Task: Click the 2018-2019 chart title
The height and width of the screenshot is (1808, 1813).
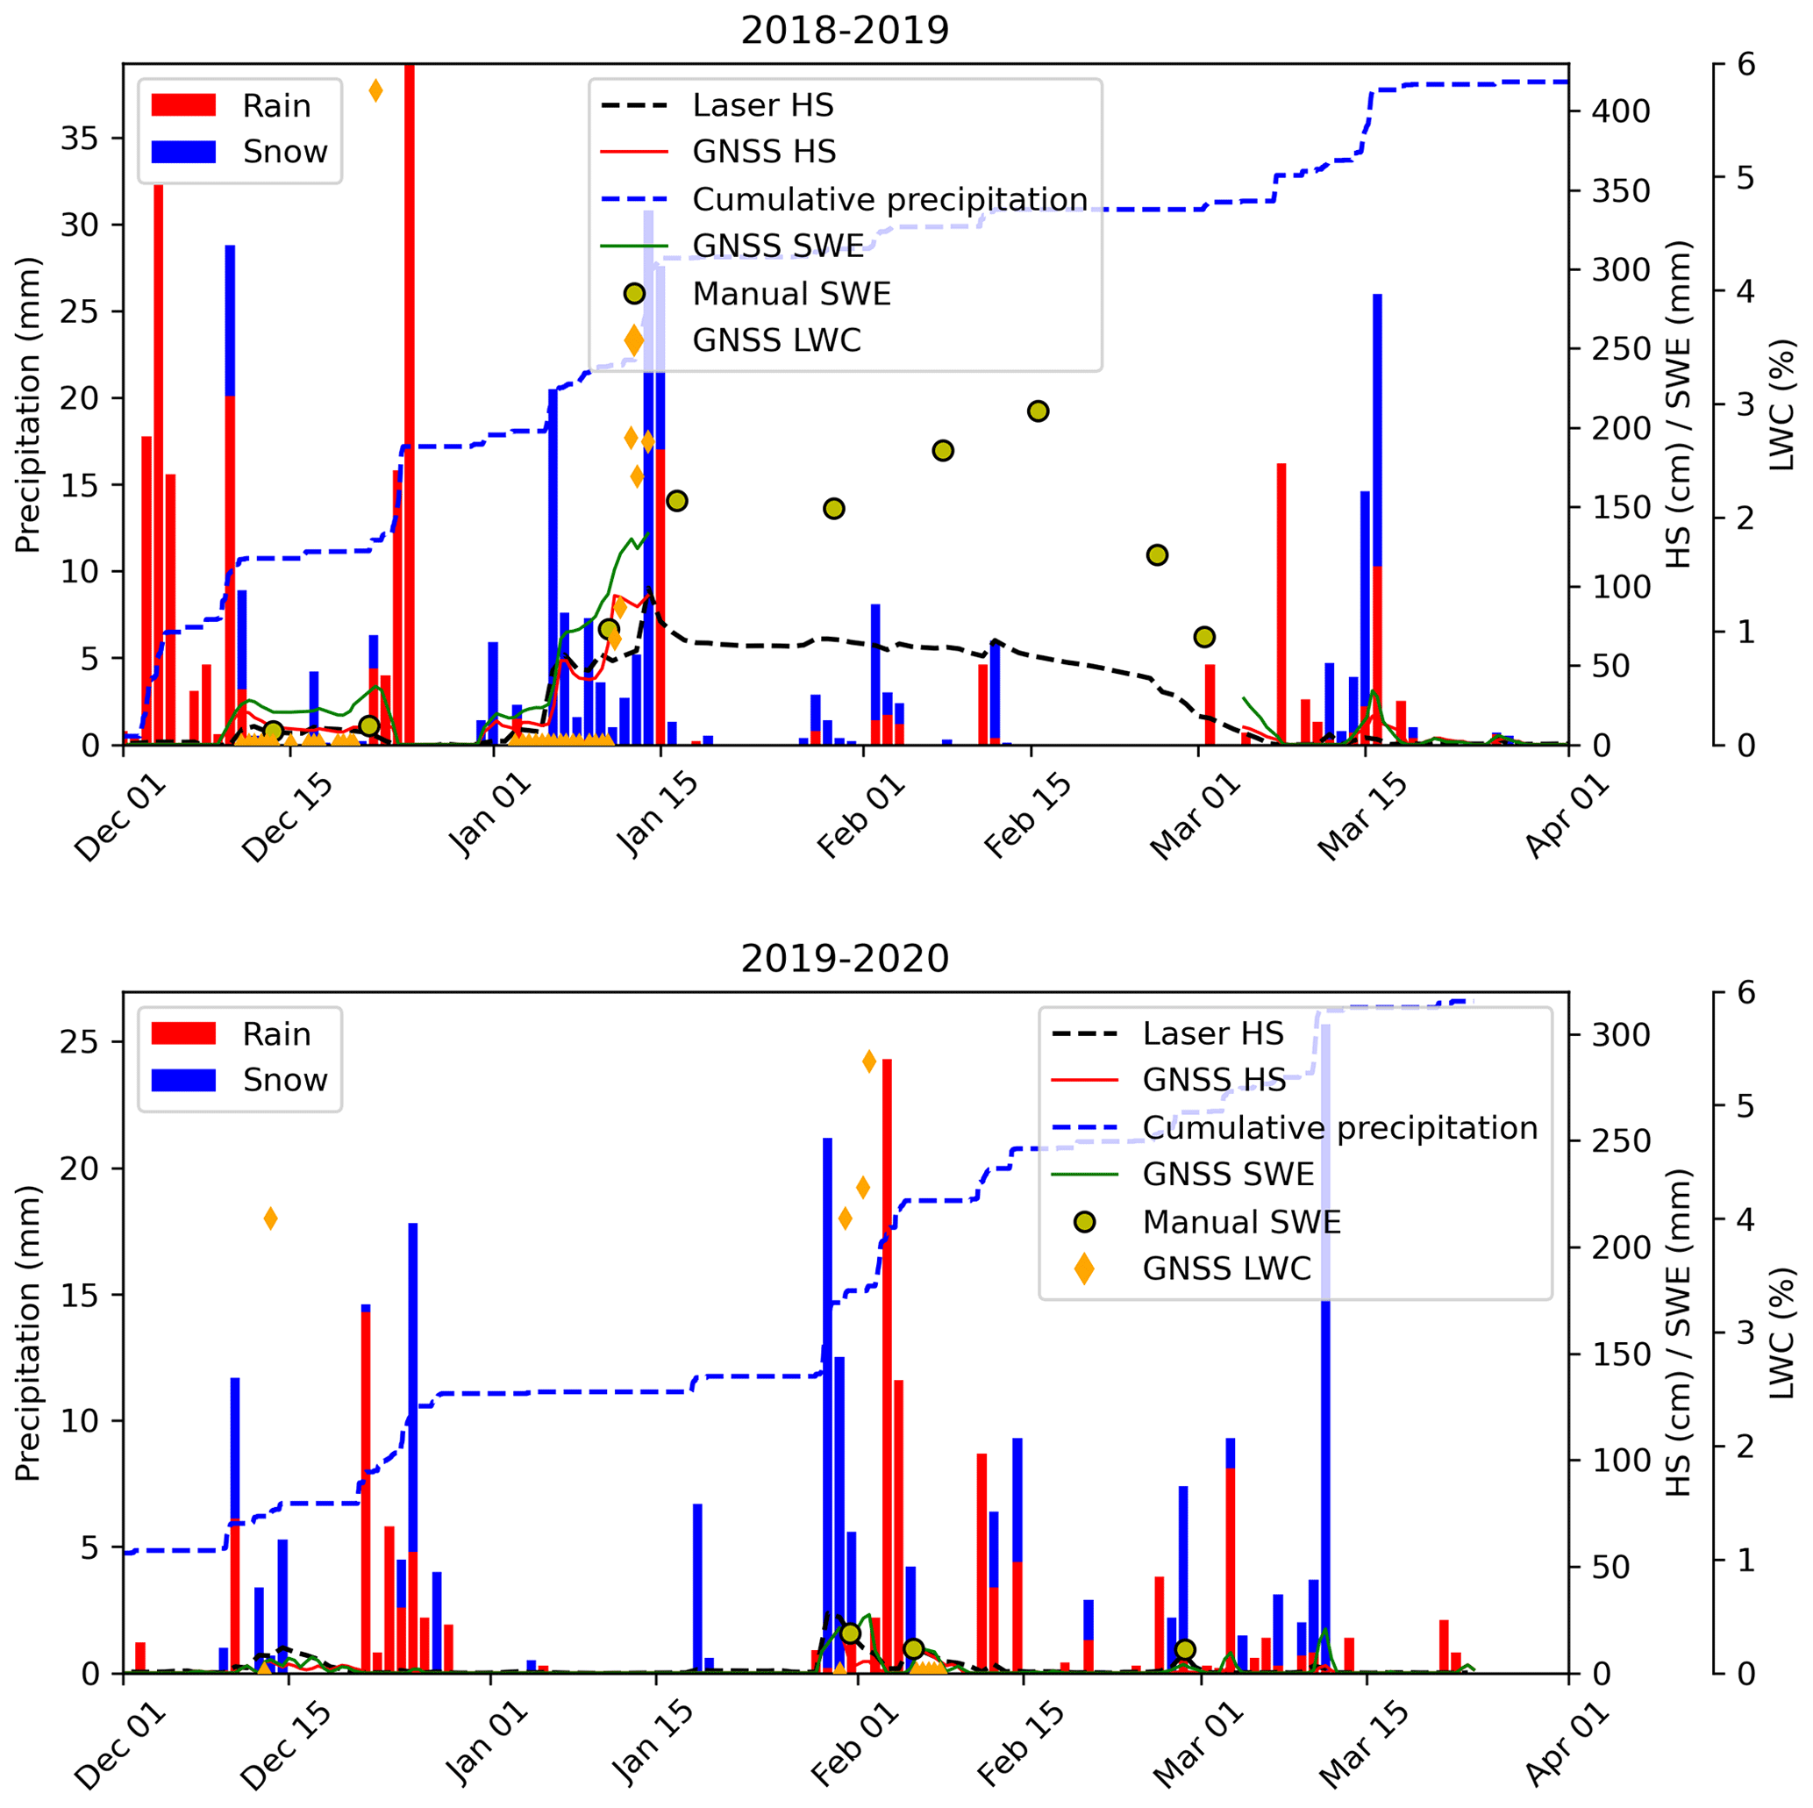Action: pos(845,30)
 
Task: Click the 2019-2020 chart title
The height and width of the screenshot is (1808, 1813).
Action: pos(845,959)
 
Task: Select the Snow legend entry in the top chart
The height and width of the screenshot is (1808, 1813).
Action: pos(284,152)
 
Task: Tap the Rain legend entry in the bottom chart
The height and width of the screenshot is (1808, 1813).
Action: pos(276,1034)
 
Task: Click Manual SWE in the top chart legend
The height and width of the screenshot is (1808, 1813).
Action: pos(791,294)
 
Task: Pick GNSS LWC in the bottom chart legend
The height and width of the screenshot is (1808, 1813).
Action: pos(1225,1269)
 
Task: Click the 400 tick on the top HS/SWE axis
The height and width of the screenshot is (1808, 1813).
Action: pos(1621,111)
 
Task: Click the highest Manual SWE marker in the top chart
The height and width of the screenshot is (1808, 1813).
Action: pos(1037,411)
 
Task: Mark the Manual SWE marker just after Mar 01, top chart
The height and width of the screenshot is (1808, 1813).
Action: pos(1205,638)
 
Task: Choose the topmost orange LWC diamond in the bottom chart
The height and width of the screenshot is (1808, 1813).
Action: pos(869,1061)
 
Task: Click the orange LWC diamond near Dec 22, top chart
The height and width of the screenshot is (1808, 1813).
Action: pos(375,91)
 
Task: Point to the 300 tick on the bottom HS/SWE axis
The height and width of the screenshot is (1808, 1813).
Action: pos(1621,1035)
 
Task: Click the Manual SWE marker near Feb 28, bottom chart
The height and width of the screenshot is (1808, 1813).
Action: pos(1184,1649)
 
